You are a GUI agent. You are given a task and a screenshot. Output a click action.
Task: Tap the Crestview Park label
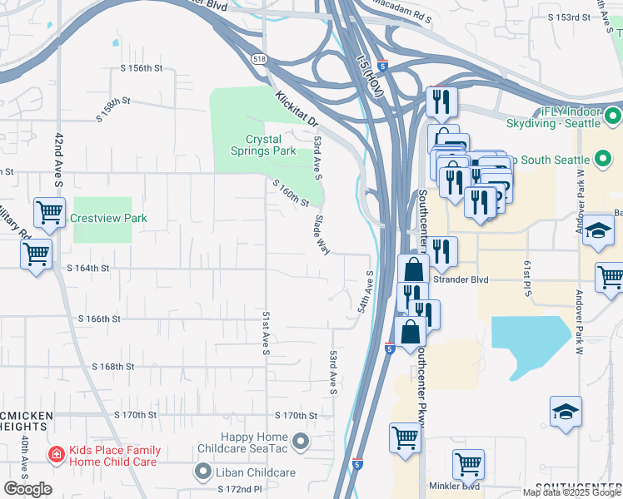pos(108,218)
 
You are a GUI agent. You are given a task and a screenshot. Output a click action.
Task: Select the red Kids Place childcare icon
pos(56,455)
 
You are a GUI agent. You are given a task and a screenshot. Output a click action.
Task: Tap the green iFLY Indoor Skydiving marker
pos(613,116)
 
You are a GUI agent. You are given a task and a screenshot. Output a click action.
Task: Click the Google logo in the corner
pos(27,489)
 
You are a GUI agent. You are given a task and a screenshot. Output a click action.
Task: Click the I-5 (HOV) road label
pos(368,77)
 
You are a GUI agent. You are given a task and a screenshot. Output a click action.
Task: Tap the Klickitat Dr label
pos(297,108)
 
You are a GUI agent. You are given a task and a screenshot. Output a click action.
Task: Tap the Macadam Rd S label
pos(399,16)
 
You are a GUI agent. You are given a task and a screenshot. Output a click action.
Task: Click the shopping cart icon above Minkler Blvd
pos(469,464)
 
